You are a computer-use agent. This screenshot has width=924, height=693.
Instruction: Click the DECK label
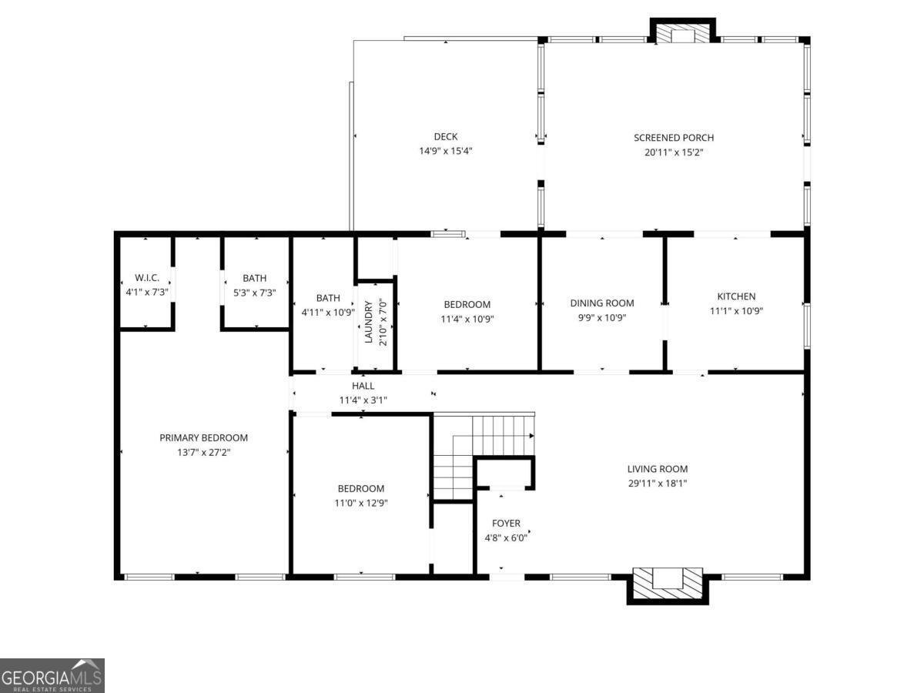point(445,137)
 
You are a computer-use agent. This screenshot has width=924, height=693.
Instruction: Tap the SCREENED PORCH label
point(674,138)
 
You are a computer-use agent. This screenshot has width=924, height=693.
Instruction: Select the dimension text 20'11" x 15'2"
point(674,152)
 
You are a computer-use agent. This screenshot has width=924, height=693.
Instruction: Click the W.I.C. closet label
point(147,278)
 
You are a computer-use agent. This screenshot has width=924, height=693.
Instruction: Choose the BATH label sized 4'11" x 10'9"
point(328,298)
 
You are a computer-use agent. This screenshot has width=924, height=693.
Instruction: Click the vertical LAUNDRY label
point(369,322)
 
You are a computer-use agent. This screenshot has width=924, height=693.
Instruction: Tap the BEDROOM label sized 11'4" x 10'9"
point(467,304)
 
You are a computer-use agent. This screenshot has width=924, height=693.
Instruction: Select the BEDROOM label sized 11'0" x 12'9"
point(360,488)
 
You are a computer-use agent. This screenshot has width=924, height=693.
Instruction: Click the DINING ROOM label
point(602,303)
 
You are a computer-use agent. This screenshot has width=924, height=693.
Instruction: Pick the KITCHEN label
point(736,296)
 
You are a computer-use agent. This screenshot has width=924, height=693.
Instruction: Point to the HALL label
point(363,386)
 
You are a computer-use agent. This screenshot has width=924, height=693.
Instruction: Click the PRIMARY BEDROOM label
point(203,437)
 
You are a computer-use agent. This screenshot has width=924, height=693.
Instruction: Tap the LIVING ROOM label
point(657,469)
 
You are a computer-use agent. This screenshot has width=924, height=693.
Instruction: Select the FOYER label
point(506,524)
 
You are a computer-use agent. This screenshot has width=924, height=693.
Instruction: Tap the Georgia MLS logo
point(52,675)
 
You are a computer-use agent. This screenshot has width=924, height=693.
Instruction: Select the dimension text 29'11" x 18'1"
point(657,484)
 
